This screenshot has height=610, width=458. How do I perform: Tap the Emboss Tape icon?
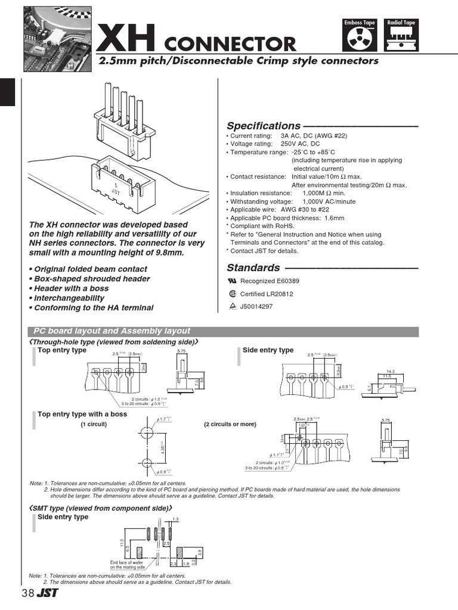point(360,37)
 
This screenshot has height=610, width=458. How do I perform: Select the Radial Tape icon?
point(401,37)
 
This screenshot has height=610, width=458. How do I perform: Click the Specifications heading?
point(264,126)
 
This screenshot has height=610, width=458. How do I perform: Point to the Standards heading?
point(253,268)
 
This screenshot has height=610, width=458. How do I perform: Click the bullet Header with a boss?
point(71,288)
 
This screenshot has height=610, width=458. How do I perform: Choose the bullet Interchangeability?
point(69,298)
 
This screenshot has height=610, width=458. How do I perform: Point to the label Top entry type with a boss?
point(82,414)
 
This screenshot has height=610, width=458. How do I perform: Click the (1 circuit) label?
point(94,424)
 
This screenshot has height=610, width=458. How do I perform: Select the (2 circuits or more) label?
point(230,424)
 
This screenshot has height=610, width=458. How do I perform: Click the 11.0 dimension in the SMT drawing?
point(121,543)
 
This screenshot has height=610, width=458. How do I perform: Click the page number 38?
point(27,593)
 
